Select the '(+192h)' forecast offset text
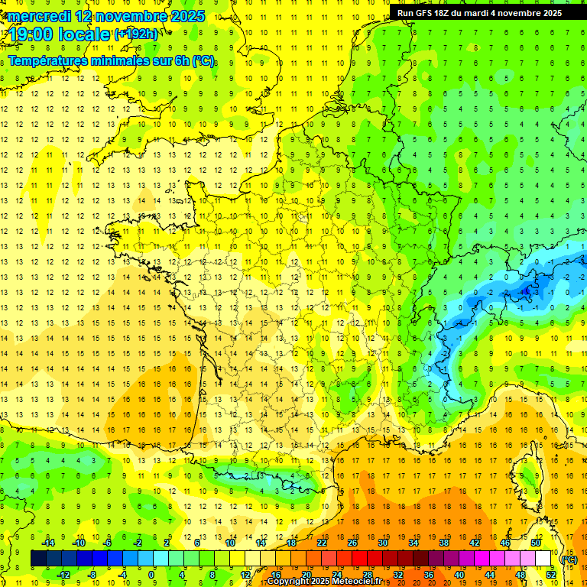[137, 34]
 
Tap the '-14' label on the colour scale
[48, 543]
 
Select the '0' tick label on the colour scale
[151, 574]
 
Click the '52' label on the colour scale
[550, 574]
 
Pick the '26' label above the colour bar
[352, 543]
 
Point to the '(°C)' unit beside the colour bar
[569, 559]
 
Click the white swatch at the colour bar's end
[543, 559]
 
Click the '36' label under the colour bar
[428, 574]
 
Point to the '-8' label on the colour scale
[92, 574]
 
